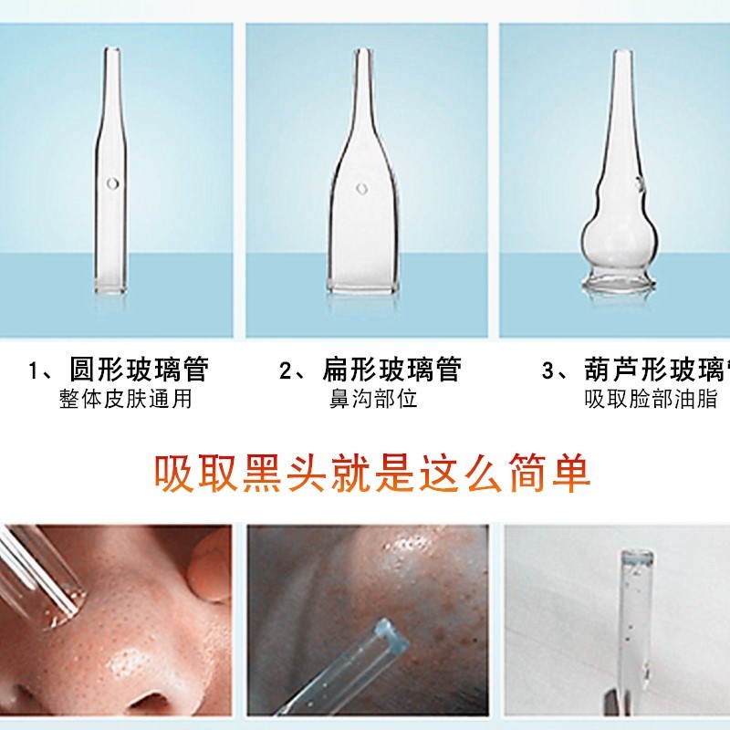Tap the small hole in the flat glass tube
361,189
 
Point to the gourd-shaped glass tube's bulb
618,238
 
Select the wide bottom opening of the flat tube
363,287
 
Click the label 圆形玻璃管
139,369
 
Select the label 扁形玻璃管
391,369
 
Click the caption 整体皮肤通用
126,399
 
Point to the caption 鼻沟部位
373,399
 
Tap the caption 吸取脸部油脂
652,399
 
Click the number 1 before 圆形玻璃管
35,370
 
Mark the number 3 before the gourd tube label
548,370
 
